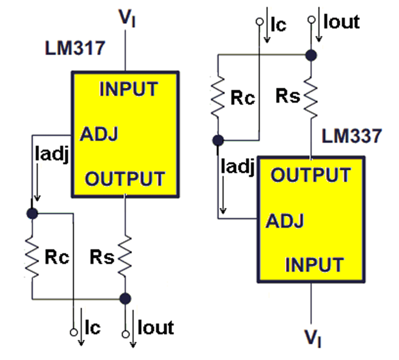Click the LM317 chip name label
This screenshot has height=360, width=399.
coord(75,48)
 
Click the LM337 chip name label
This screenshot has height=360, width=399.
coord(352,136)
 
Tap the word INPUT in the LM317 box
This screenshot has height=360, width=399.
coord(129,89)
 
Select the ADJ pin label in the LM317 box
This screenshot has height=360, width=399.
coord(99,134)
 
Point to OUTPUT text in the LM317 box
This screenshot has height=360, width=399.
coord(125,178)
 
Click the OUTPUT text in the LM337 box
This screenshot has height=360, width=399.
coord(311,175)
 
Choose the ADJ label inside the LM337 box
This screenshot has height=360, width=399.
coord(285,221)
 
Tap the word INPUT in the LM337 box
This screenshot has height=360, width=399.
coord(315,265)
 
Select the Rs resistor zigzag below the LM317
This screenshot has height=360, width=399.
coord(125,257)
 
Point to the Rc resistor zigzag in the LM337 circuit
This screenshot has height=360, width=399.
coord(218,97)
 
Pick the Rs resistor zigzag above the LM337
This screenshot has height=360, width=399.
coord(311,97)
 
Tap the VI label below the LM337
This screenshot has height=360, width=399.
coord(313,338)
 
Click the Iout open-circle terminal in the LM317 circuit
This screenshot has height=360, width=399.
coord(125,334)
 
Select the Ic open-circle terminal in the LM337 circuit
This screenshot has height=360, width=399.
coord(259,22)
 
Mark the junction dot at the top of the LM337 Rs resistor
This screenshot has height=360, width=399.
coord(311,55)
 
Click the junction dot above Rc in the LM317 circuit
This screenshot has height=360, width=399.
coord(32,213)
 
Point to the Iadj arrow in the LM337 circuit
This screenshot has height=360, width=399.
coord(223,195)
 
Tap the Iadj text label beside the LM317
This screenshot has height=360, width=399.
coord(52,154)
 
